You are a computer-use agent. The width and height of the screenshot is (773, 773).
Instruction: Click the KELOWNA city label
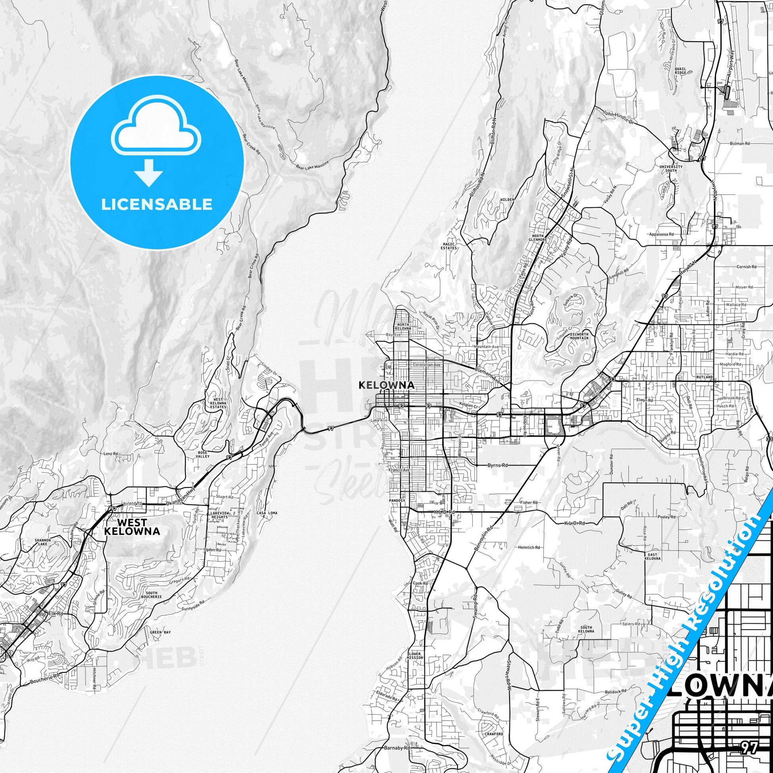point(386,385)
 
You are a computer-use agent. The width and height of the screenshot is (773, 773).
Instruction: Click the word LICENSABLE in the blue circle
point(157,204)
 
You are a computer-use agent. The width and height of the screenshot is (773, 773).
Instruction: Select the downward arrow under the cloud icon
point(149,172)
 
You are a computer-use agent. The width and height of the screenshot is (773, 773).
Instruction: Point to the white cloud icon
point(157,132)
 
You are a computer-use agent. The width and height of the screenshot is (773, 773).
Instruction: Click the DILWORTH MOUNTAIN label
point(579,336)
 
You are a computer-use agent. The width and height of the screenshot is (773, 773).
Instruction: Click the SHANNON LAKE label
point(43,542)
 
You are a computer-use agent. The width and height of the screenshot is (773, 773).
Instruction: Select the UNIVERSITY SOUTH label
point(671,168)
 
